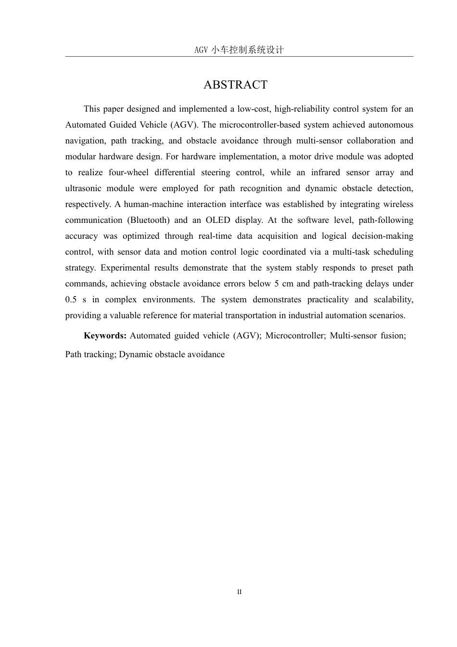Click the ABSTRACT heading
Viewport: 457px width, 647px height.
pyautogui.click(x=235, y=85)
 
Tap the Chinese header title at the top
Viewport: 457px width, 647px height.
pyautogui.click(x=239, y=50)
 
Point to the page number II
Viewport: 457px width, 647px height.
pyautogui.click(x=239, y=592)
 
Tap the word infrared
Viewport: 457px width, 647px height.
pyautogui.click(x=326, y=172)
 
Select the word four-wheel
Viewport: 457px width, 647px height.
pyautogui.click(x=128, y=172)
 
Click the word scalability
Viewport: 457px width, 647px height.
pyautogui.click(x=393, y=299)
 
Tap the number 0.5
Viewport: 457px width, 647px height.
pyautogui.click(x=71, y=299)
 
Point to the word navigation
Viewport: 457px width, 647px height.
pyautogui.click(x=85, y=141)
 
